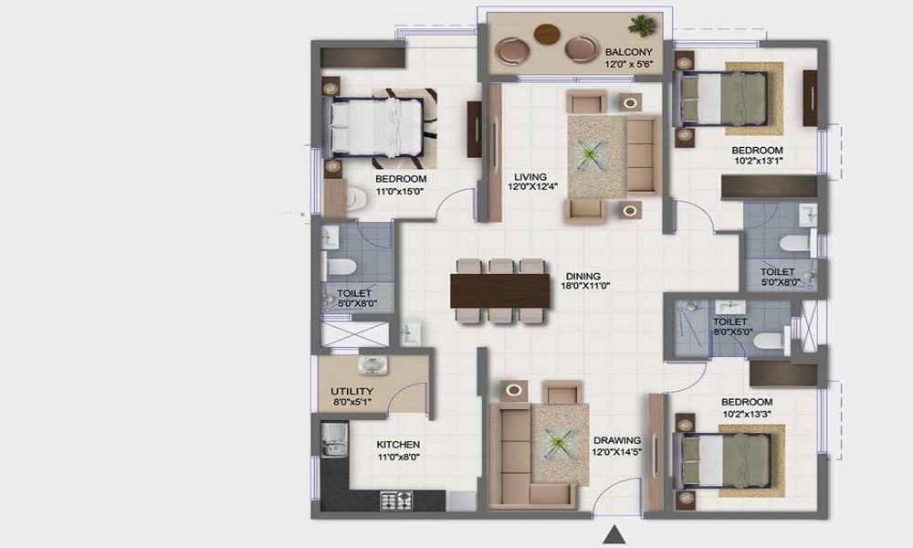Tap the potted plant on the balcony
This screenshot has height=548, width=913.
click(642, 26)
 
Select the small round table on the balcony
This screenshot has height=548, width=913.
click(547, 34)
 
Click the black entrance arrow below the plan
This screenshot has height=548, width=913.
click(618, 534)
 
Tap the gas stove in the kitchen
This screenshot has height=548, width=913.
click(397, 500)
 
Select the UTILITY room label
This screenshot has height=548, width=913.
click(352, 391)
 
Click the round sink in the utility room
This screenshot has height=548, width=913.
click(372, 365)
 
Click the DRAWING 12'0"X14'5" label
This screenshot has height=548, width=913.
click(618, 445)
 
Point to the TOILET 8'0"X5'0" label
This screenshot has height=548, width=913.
click(730, 328)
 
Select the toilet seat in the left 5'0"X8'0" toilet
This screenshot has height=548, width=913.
click(341, 267)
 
